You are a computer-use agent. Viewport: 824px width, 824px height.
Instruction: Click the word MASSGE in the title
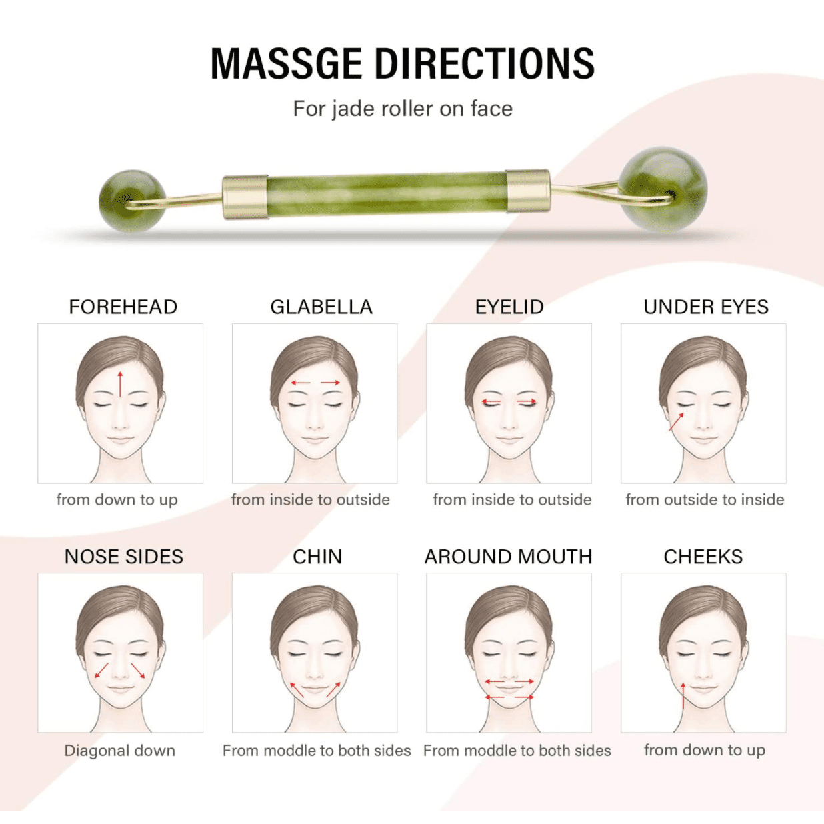tap(287, 63)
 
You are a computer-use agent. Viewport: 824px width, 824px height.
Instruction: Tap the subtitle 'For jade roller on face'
tap(403, 109)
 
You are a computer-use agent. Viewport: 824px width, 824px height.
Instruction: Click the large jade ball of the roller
tap(663, 190)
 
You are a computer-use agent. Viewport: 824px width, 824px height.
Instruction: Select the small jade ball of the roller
tap(132, 201)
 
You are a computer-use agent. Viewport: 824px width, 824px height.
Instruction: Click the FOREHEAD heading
tap(123, 307)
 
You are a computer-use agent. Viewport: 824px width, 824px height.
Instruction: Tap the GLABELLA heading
tap(321, 307)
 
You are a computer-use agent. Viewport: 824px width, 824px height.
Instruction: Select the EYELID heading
tap(509, 307)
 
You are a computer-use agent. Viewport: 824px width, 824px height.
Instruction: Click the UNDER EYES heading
tap(706, 307)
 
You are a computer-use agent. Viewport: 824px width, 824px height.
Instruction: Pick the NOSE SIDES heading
tap(124, 557)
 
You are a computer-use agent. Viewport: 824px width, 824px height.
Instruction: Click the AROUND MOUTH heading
tap(508, 557)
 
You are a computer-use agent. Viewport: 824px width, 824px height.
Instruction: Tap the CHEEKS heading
tap(703, 557)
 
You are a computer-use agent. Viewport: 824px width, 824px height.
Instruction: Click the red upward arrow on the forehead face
tap(121, 384)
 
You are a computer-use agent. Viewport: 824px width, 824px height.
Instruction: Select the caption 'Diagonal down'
tap(120, 751)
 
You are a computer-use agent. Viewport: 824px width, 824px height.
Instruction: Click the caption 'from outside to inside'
tap(705, 499)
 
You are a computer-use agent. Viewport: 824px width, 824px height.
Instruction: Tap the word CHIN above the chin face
tap(317, 557)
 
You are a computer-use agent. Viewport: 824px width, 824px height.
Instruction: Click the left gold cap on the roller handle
tap(245, 197)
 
